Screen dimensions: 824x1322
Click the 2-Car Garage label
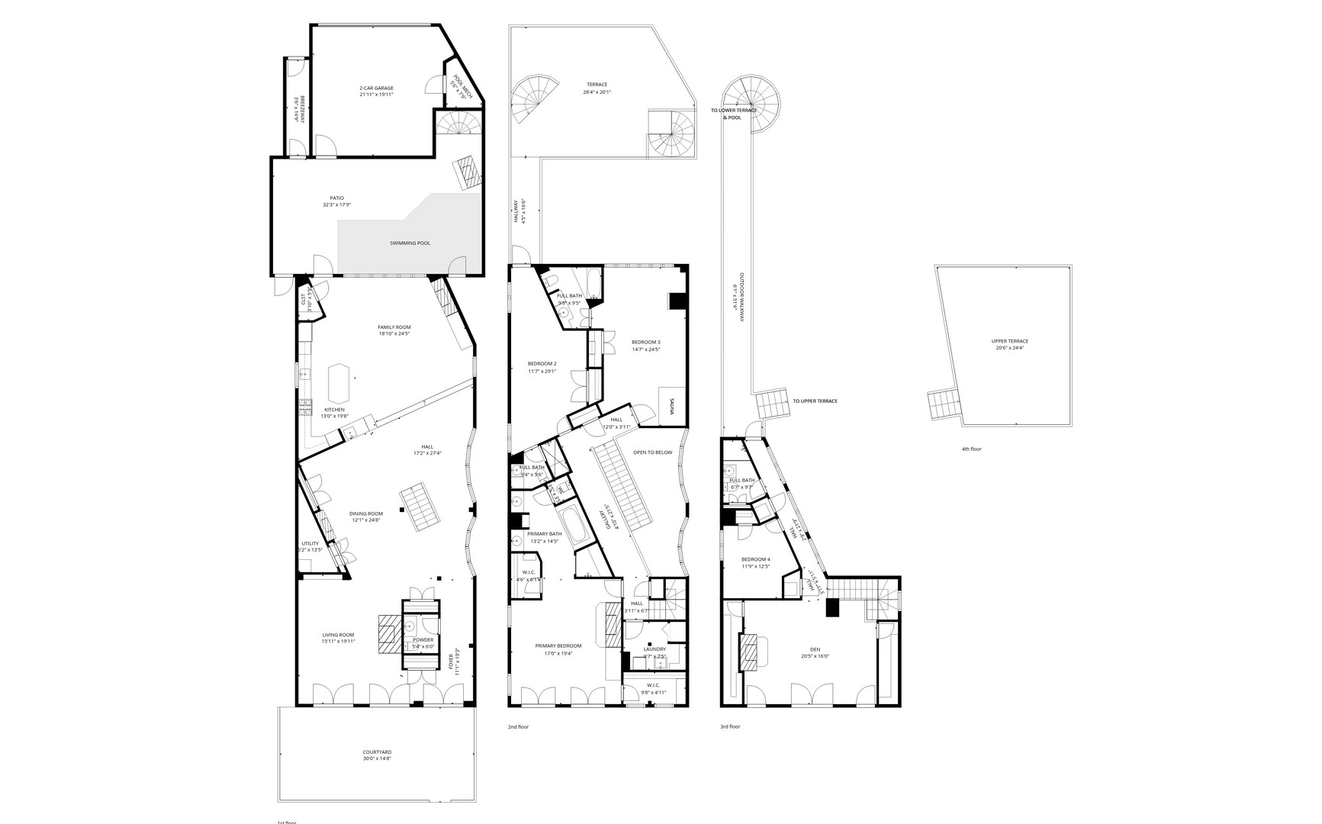tap(376, 89)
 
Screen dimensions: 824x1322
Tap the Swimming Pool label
tap(410, 243)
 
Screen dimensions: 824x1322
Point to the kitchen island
tap(339, 384)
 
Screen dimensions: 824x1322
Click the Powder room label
tap(423, 640)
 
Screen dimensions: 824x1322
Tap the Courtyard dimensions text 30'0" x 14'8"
tap(377, 759)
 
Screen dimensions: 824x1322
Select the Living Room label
tap(338, 635)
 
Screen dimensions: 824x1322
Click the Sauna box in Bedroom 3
tap(672, 407)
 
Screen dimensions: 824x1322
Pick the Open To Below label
tap(652, 452)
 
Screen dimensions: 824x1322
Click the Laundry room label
tap(655, 649)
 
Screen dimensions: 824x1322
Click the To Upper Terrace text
tap(815, 401)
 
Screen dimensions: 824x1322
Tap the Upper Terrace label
tap(1009, 341)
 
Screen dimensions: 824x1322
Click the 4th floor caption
tap(971, 449)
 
